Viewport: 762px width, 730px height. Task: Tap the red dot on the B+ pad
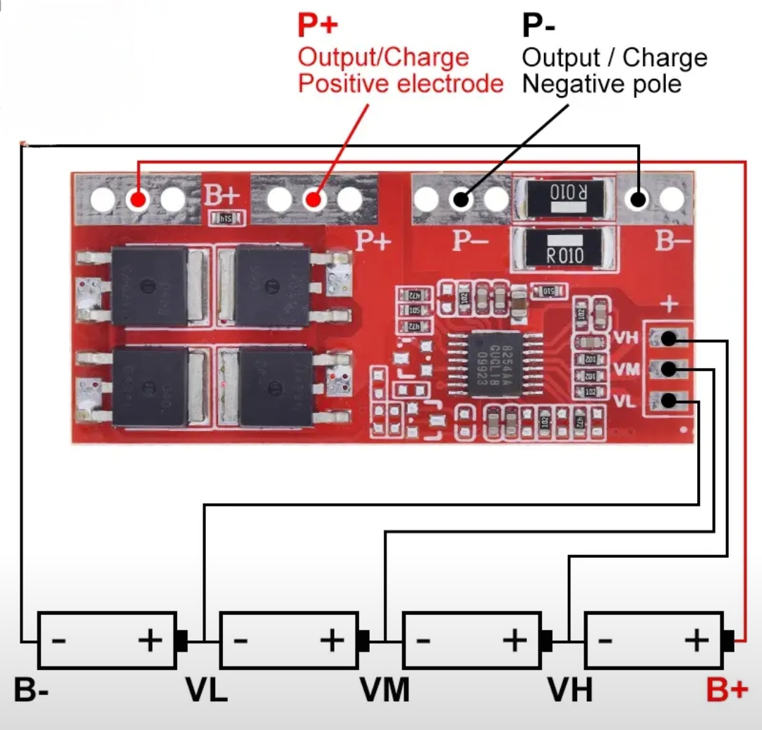138,200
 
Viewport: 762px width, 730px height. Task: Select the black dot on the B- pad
639,200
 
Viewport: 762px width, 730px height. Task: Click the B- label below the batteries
31,691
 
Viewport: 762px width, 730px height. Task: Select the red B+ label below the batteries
727,691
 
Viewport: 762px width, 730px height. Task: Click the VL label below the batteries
207,691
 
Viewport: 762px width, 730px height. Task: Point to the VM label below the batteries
385,691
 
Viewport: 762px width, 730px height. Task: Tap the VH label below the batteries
569,691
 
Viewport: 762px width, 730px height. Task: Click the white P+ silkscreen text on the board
373,241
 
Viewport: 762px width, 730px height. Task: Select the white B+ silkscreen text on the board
222,195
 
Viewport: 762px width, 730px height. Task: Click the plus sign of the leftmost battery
150,640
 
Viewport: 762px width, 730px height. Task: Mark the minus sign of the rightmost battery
605,640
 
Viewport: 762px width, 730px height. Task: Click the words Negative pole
602,85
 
